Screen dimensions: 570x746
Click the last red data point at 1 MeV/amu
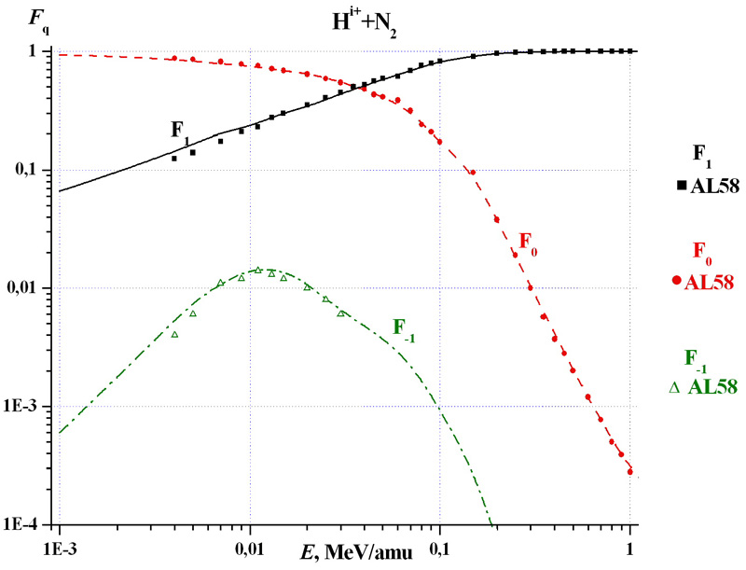click(x=630, y=472)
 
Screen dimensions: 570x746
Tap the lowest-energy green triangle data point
click(x=174, y=334)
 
